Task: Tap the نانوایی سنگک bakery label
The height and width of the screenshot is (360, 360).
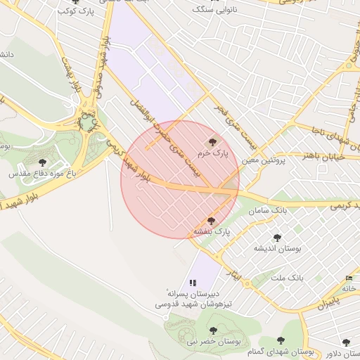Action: pos(219,11)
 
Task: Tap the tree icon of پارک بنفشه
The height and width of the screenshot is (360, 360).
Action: pos(211,221)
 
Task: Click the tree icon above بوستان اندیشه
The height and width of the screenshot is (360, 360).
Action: pos(277,238)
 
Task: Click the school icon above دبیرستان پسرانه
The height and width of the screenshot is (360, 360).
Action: pos(193,283)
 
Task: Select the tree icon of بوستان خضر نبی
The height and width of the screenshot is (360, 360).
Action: pos(212,330)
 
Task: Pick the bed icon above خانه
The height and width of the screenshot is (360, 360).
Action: pos(349,278)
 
